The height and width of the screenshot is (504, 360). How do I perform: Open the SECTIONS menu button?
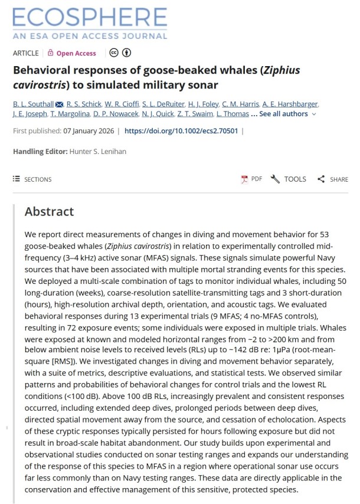point(32,179)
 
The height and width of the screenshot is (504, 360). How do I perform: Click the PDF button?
point(251,179)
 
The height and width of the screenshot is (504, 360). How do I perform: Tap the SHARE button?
point(333,179)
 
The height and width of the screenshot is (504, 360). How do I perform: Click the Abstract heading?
point(50,212)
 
